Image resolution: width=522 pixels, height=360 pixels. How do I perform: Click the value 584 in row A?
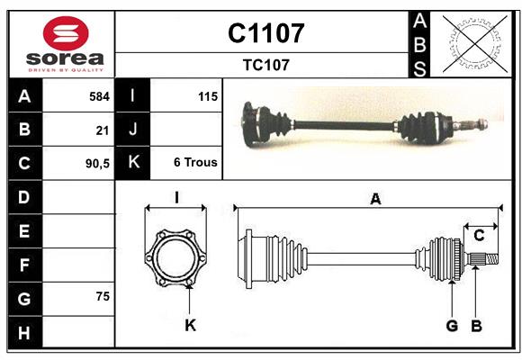(x=99, y=95)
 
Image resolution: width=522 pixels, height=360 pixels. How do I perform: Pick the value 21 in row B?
(x=102, y=130)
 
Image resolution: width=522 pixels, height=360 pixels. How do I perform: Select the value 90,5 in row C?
(x=95, y=164)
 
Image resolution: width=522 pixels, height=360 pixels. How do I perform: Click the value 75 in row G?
(x=102, y=296)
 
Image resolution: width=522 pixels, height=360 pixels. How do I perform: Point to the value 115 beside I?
(x=207, y=95)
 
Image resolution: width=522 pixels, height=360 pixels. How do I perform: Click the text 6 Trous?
(x=195, y=164)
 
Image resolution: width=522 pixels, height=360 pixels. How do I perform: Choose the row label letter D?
(x=24, y=197)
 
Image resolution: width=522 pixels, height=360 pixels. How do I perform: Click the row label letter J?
(x=133, y=130)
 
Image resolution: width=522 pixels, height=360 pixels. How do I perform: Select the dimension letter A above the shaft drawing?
(x=374, y=200)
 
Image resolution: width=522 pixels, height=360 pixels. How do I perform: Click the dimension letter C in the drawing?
(x=479, y=236)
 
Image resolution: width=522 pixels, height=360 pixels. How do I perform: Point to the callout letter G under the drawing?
(x=452, y=325)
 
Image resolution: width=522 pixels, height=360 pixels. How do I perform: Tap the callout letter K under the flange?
(x=190, y=325)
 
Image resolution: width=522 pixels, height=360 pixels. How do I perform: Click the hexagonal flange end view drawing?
(x=175, y=256)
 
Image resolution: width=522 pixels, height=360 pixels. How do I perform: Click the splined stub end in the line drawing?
(x=481, y=260)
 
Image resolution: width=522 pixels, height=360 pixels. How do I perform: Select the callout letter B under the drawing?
(x=476, y=325)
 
